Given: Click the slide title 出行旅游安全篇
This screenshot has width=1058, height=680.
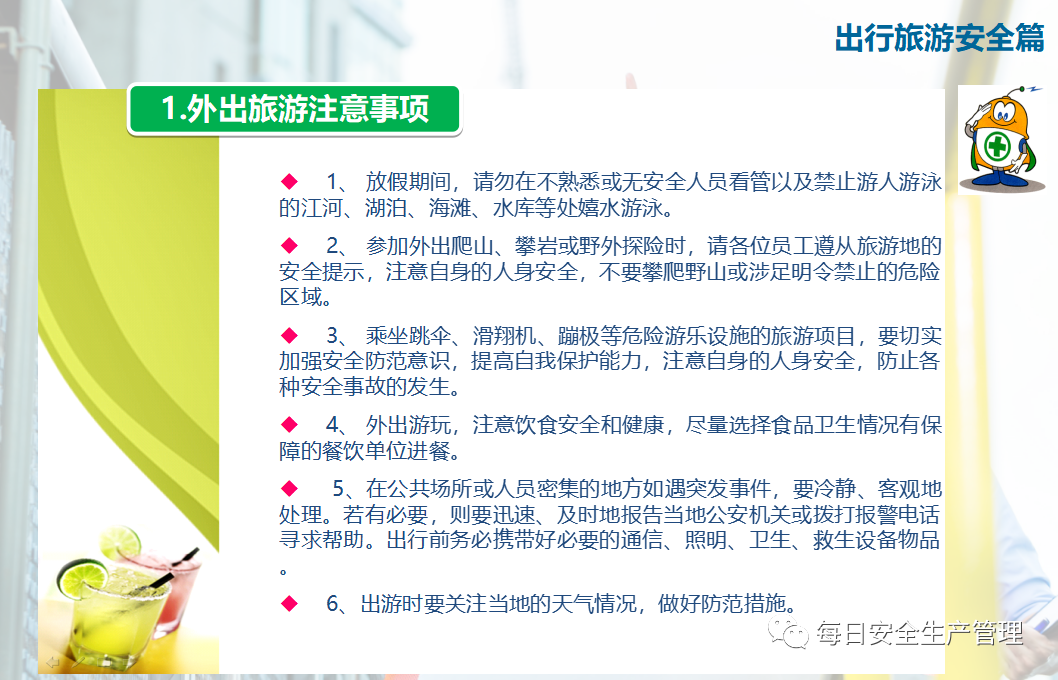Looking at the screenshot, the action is tap(939, 38).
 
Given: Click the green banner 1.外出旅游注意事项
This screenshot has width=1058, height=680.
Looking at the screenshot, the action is tap(294, 109).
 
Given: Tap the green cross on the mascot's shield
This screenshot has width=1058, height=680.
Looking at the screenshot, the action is tap(997, 146).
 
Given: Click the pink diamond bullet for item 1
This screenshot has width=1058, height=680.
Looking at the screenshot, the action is tap(289, 181).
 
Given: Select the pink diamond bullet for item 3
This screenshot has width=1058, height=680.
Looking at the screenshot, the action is tap(289, 335).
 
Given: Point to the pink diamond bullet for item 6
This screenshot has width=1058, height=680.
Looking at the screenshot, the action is tap(289, 602).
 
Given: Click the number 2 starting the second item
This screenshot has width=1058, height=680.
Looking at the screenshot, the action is tap(333, 246).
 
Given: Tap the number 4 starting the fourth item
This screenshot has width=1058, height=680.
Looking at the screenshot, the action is tap(333, 425).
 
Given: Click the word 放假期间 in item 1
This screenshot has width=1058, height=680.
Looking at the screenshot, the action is tap(408, 181).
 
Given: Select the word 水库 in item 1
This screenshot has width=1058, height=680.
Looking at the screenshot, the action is tap(513, 208).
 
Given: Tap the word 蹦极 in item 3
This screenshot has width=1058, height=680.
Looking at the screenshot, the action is tap(578, 335).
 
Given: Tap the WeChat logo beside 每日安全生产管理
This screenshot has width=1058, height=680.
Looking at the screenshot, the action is tap(787, 633).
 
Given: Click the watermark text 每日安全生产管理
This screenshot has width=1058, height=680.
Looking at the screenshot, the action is tap(919, 633).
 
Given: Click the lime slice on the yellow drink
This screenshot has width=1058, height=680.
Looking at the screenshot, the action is tap(82, 577).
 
